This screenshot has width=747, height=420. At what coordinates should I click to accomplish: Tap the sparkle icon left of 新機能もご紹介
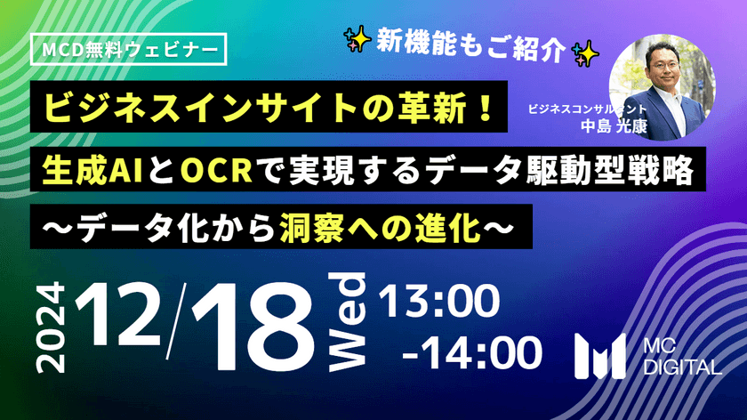pyautogui.click(x=357, y=38)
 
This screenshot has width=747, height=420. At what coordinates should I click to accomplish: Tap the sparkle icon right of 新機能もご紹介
pyautogui.click(x=588, y=52)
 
